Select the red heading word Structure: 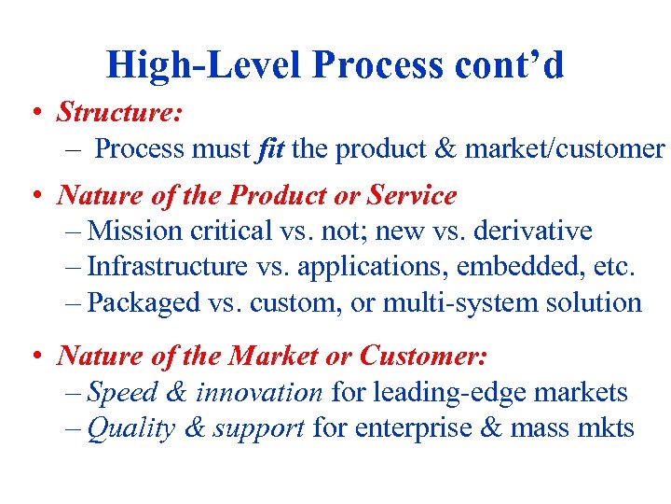pyautogui.click(x=119, y=113)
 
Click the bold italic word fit pyautogui.click(x=270, y=148)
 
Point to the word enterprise pyautogui.click(x=420, y=428)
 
